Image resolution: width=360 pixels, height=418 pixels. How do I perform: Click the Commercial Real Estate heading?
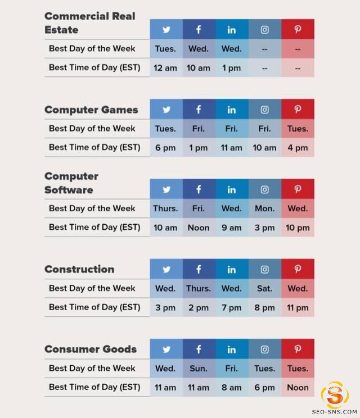[90, 23]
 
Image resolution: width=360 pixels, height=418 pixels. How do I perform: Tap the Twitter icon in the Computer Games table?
[166, 110]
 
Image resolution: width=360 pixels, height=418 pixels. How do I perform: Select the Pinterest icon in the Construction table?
[298, 269]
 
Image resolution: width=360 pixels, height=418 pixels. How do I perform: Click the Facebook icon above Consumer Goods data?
[199, 349]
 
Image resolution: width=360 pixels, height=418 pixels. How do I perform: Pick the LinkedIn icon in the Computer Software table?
[231, 189]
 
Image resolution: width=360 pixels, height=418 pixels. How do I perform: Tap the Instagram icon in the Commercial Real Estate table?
[264, 30]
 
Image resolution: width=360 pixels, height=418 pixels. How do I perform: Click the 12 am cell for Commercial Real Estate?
[165, 68]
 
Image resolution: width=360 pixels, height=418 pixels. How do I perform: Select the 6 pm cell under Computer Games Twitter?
[165, 148]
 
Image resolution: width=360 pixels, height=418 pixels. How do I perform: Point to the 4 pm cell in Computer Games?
[298, 148]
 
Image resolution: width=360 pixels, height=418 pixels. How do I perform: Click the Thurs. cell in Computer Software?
[165, 208]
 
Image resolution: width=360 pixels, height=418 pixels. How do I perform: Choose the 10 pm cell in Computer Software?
[298, 228]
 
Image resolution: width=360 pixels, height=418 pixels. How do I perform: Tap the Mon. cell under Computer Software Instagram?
[264, 208]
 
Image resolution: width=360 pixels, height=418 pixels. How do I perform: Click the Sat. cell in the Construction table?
[264, 288]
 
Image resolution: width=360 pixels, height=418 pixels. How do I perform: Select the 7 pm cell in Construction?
[231, 307]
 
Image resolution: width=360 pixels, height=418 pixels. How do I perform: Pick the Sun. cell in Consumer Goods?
[199, 368]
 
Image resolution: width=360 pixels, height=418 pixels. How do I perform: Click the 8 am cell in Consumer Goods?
[231, 387]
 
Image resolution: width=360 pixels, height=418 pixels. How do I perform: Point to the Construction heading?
[79, 269]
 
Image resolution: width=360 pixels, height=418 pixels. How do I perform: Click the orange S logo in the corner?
[335, 394]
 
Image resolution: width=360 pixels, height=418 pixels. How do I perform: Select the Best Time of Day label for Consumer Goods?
[94, 387]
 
